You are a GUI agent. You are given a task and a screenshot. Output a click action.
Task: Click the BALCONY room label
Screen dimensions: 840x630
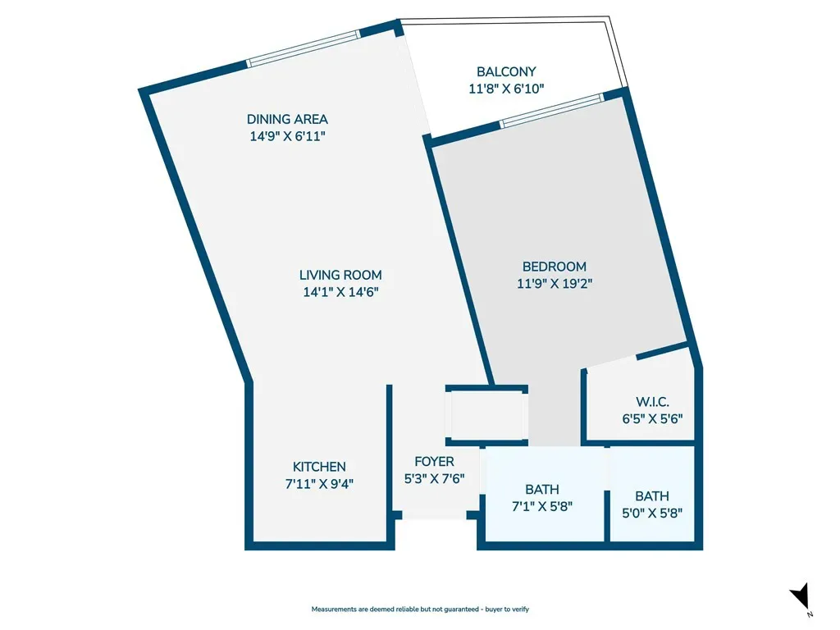pyautogui.click(x=506, y=72)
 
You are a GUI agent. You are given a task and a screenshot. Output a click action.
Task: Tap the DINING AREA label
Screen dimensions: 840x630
pyautogui.click(x=287, y=120)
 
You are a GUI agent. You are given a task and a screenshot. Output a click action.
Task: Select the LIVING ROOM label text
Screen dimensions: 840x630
pyautogui.click(x=340, y=276)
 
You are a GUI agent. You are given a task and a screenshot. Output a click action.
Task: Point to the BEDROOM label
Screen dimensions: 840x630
pyautogui.click(x=555, y=267)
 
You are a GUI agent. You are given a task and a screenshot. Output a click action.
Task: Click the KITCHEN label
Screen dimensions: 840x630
pyautogui.click(x=319, y=467)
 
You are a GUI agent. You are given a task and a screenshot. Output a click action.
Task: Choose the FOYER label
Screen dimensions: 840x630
pyautogui.click(x=435, y=462)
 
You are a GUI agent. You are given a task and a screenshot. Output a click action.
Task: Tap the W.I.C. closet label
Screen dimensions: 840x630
pyautogui.click(x=652, y=402)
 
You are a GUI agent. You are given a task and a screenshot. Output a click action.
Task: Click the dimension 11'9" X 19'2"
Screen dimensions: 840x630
pyautogui.click(x=555, y=283)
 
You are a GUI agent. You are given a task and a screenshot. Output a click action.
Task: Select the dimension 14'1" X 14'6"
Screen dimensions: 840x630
pyautogui.click(x=340, y=292)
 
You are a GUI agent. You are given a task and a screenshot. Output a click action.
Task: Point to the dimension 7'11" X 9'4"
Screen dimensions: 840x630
pyautogui.click(x=319, y=484)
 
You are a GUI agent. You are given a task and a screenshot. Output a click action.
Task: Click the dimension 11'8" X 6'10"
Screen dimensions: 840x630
pyautogui.click(x=506, y=89)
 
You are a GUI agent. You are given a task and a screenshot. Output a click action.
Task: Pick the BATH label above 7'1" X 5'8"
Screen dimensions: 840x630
pyautogui.click(x=542, y=490)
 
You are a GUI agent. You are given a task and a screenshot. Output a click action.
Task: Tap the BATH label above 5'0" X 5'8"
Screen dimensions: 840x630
pyautogui.click(x=652, y=496)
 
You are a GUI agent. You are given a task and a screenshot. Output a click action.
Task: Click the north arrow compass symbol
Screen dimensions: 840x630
pyautogui.click(x=801, y=596)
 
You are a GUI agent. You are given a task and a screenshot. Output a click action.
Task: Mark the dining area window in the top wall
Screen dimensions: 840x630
pyautogui.click(x=304, y=48)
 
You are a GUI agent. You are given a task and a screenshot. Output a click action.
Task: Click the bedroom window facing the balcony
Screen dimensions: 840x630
pyautogui.click(x=552, y=111)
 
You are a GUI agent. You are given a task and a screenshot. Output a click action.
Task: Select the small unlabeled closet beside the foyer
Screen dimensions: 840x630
pyautogui.click(x=487, y=416)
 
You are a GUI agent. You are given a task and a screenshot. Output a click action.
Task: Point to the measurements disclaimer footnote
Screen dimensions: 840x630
pyautogui.click(x=420, y=609)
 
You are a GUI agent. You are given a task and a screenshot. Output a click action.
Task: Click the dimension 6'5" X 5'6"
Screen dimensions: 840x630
pyautogui.click(x=652, y=419)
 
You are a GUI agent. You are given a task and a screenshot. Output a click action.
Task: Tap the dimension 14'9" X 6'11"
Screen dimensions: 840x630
pyautogui.click(x=287, y=136)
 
